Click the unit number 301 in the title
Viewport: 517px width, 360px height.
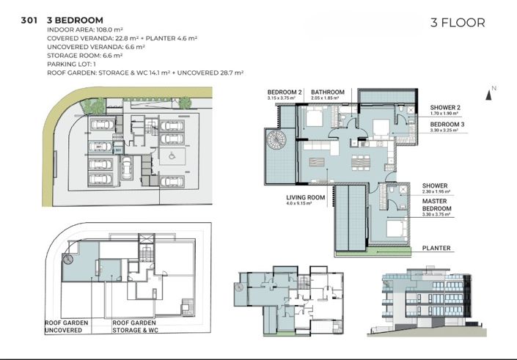coord(30,20)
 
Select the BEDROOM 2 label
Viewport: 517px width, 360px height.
coord(285,92)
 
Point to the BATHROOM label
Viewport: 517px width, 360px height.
coord(329,92)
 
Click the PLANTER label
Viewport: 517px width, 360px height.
coord(436,248)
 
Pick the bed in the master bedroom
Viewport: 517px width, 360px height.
coord(389,231)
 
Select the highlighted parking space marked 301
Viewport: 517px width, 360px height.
coord(100,147)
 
